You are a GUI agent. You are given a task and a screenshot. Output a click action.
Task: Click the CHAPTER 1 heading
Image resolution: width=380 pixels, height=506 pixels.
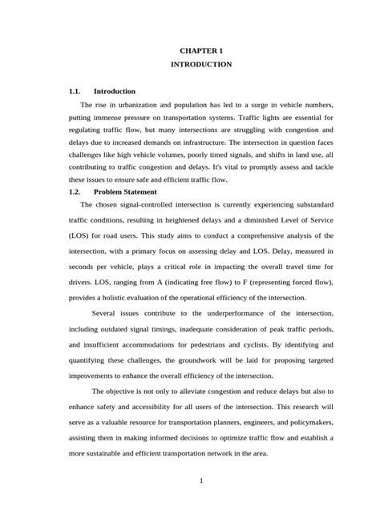(x=190, y=50)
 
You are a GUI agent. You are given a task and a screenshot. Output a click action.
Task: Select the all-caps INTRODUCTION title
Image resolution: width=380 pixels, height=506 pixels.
(x=190, y=64)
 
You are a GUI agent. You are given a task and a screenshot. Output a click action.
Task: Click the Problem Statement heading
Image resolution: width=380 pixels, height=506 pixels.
(x=125, y=192)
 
